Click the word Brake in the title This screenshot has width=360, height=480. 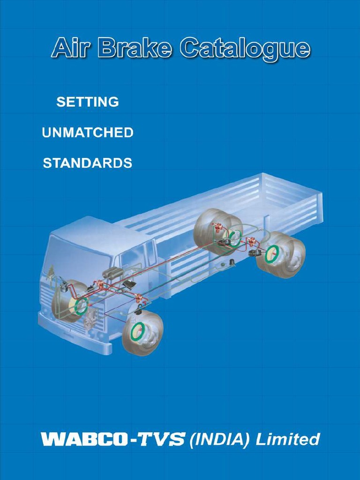134,48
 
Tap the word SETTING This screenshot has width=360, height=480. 87,102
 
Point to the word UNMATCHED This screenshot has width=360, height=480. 88,133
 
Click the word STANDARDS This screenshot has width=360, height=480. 87,163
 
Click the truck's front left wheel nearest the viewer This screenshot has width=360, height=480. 142,332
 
